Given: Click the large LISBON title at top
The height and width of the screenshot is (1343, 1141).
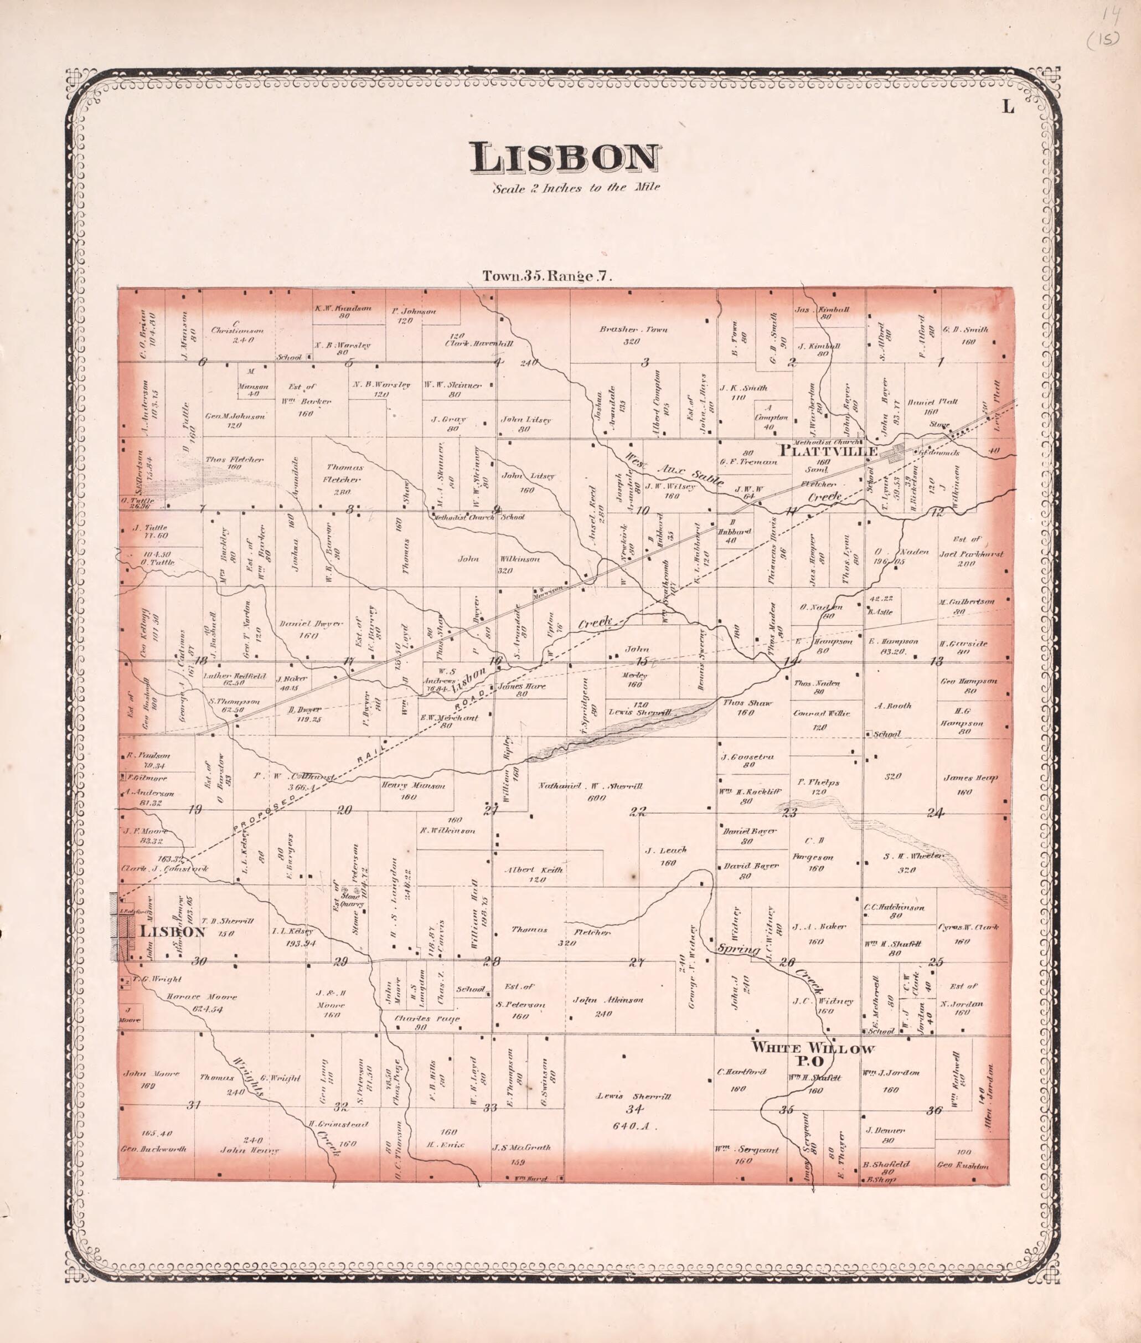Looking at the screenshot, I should pos(565,158).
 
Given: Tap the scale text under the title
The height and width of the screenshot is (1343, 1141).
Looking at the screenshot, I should pos(576,189).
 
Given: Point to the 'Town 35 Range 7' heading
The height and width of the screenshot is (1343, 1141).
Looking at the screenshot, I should pos(546,276).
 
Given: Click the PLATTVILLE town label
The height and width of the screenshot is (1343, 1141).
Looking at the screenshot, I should pos(829,451).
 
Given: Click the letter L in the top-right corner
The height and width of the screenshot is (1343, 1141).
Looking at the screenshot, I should pos(1008,107).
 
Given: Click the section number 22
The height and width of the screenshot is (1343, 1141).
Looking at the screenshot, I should pos(638,812).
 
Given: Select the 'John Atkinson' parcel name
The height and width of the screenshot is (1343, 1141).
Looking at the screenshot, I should pos(608,1000).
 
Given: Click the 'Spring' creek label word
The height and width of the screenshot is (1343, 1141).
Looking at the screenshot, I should pos(739,950).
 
